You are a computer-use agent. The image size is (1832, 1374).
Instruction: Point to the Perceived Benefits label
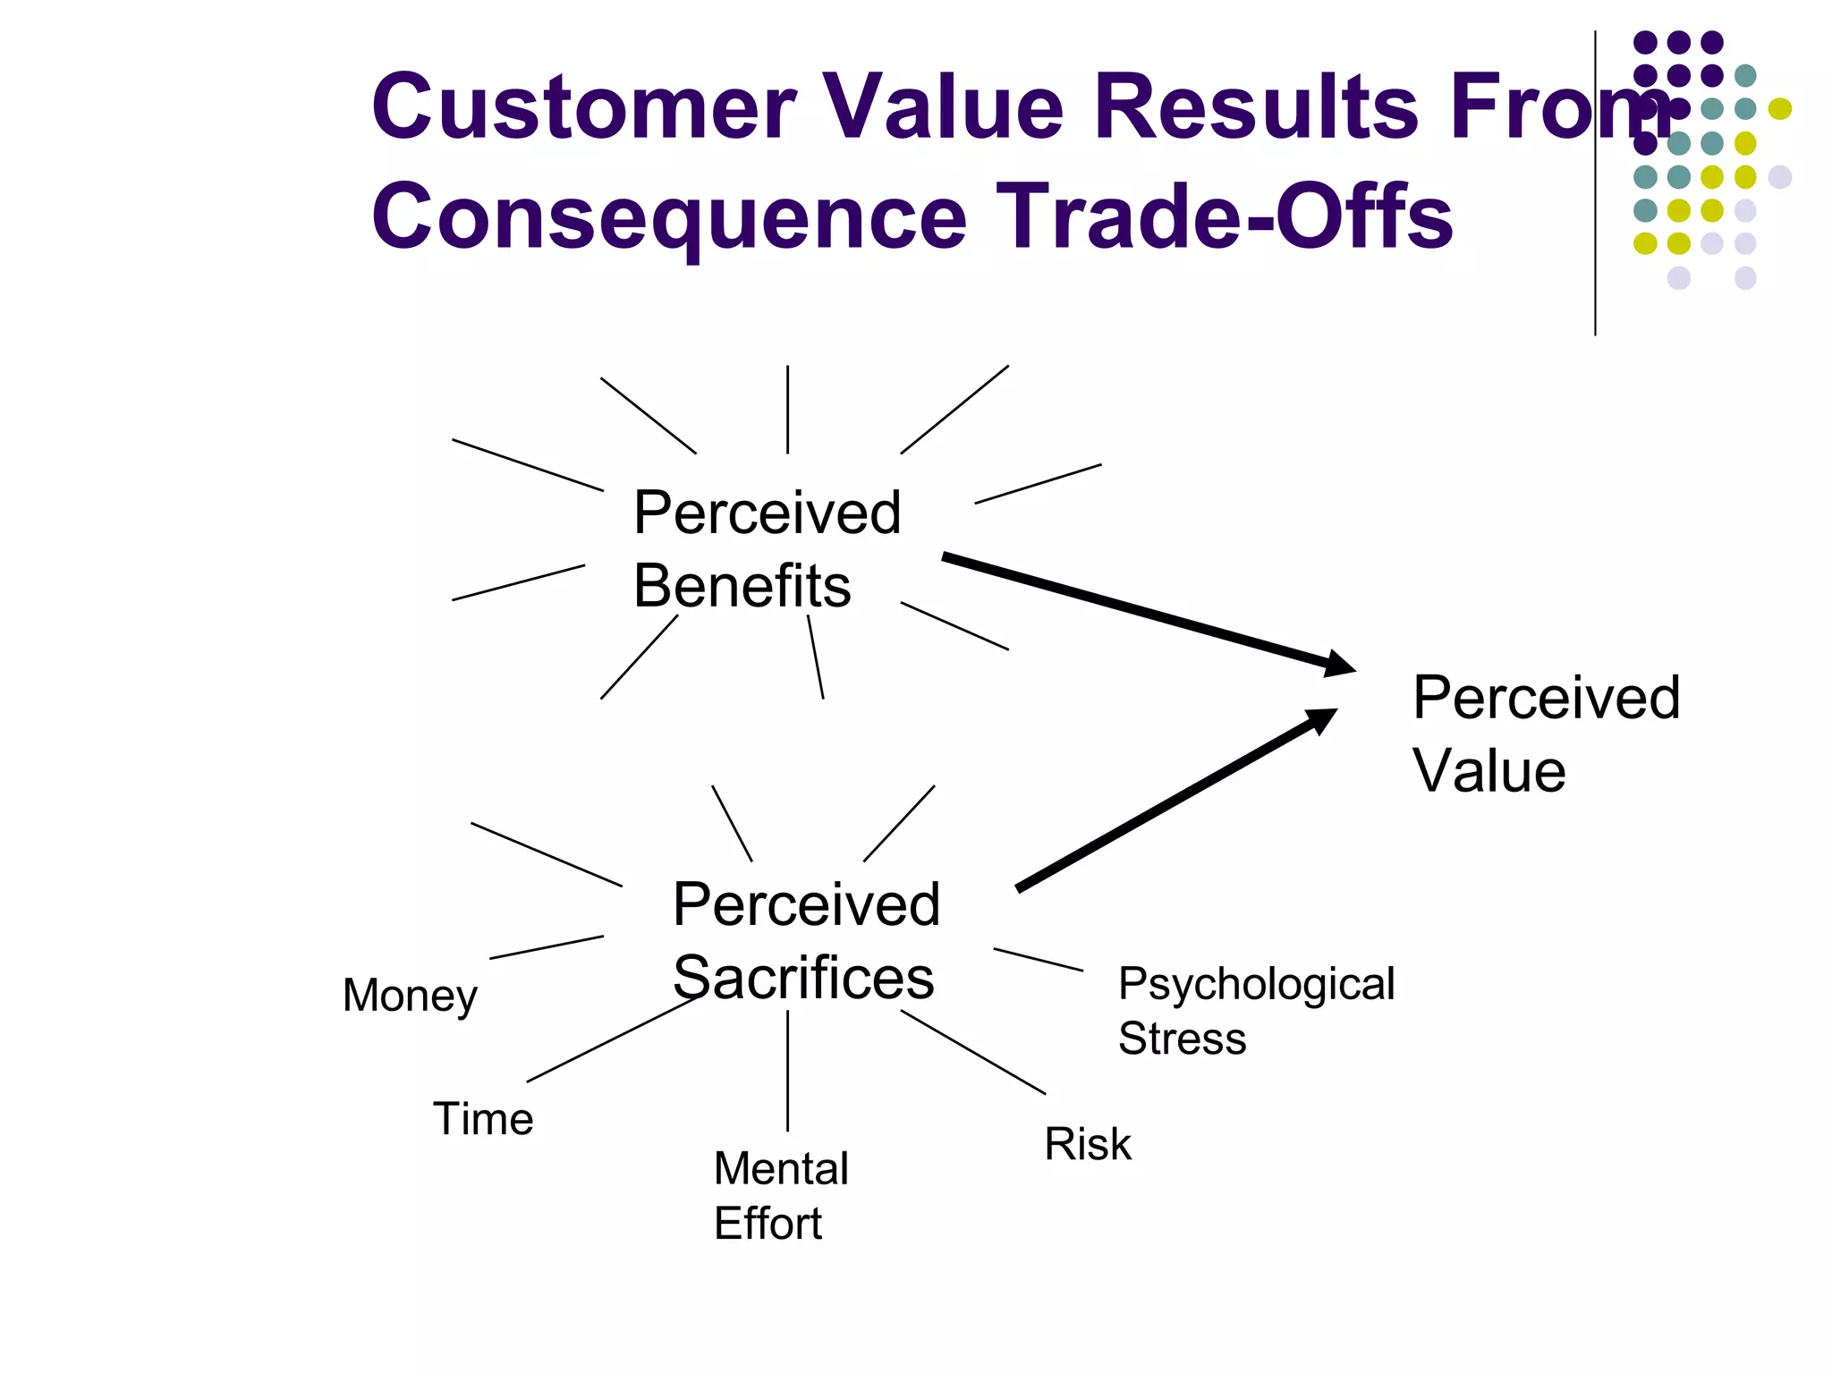click(x=766, y=549)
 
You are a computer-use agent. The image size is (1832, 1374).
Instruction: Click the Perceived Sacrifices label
click(x=805, y=940)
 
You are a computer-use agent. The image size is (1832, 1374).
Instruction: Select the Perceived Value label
click(x=1545, y=734)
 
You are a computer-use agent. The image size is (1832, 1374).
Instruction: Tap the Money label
click(x=410, y=996)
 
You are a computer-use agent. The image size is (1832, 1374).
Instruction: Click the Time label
click(x=483, y=1119)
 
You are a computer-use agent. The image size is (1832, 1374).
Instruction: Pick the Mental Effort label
click(x=780, y=1196)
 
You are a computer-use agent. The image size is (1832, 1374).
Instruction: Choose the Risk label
click(x=1087, y=1144)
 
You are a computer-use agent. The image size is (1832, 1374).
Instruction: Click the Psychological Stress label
click(x=1255, y=1011)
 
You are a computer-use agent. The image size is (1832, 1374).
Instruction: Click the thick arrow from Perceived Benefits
click(x=1145, y=612)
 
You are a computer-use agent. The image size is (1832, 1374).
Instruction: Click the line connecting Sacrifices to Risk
click(x=973, y=1052)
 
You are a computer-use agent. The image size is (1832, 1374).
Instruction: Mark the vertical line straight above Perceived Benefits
click(x=787, y=409)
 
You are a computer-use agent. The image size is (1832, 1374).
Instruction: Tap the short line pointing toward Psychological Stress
click(x=1038, y=960)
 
